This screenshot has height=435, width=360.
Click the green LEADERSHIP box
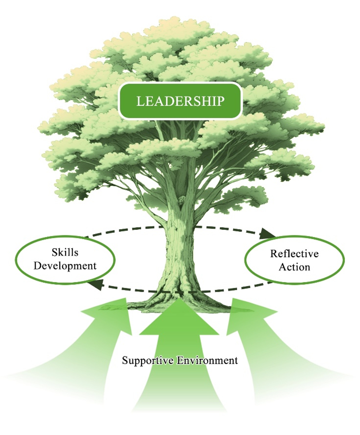pos(180,101)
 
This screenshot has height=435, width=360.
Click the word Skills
pos(65,252)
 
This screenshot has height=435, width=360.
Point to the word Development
pos(65,266)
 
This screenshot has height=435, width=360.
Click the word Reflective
pos(294,254)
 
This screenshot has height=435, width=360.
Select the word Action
pos(294,267)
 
